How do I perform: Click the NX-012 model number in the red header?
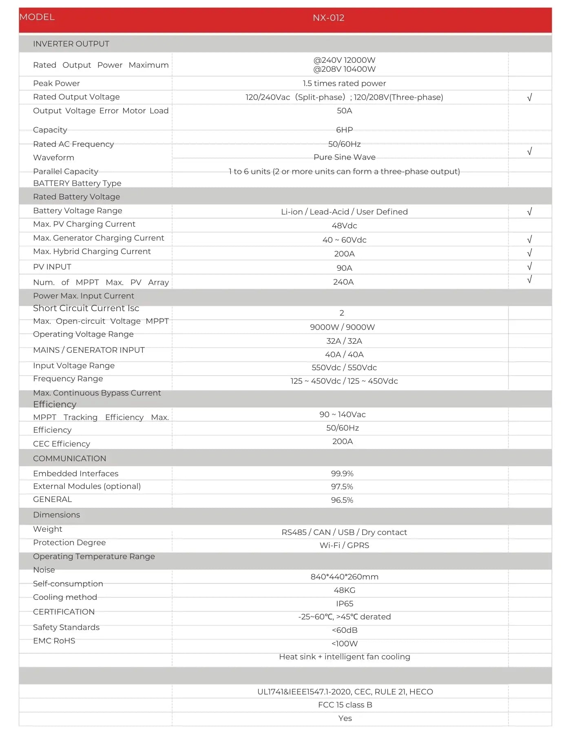tap(328, 18)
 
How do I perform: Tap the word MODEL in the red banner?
tap(37, 17)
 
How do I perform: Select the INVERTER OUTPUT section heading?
tap(71, 44)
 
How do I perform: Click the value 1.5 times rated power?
tap(344, 84)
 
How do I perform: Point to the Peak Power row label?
tap(56, 84)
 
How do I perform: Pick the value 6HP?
tap(344, 130)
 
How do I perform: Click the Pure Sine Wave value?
tap(344, 157)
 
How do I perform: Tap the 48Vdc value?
tap(344, 226)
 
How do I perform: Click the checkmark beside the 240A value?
tap(529, 280)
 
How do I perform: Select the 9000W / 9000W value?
tap(342, 327)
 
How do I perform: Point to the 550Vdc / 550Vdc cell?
tap(344, 368)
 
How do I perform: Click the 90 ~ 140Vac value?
tap(342, 415)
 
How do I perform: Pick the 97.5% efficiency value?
tap(342, 487)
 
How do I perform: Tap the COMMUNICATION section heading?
tap(69, 459)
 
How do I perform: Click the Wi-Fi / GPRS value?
tap(344, 546)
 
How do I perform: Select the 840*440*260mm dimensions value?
tap(344, 577)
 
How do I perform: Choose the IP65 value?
tap(344, 604)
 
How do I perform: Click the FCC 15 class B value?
tap(345, 705)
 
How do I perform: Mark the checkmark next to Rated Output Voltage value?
tap(529, 97)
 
